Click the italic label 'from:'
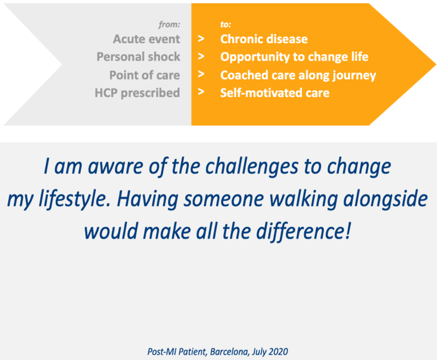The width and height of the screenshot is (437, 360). coord(169,24)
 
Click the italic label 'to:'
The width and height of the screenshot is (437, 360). coord(226,24)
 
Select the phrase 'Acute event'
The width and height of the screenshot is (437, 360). coord(146,39)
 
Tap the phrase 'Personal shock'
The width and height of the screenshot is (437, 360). coord(138,57)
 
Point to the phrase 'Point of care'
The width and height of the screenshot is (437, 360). coord(145,75)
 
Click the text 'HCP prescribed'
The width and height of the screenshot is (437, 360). coord(137,93)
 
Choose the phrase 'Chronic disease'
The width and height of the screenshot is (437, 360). coord(264,39)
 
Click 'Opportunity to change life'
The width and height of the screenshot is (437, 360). coord(294,57)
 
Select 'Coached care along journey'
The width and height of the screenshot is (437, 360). coord(298,75)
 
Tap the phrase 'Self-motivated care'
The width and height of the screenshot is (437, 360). coord(275,93)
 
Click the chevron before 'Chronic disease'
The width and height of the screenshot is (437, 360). coord(201,39)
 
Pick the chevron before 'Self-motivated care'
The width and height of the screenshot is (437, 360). coord(201,92)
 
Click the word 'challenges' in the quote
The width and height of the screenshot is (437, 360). coord(252,167)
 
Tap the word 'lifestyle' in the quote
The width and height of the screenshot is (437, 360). coord(75,200)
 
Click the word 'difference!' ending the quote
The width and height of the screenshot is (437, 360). coord(303,231)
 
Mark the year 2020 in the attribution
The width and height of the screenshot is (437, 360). coord(279,352)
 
